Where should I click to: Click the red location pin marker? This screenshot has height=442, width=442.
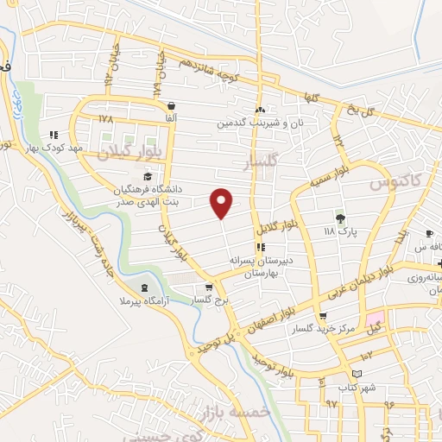[222, 202]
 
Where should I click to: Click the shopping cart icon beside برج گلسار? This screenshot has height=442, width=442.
[208, 287]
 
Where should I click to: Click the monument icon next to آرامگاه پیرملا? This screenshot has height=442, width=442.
[143, 287]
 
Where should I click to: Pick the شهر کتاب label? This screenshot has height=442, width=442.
[357, 386]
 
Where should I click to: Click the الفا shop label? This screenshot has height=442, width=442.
[171, 117]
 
